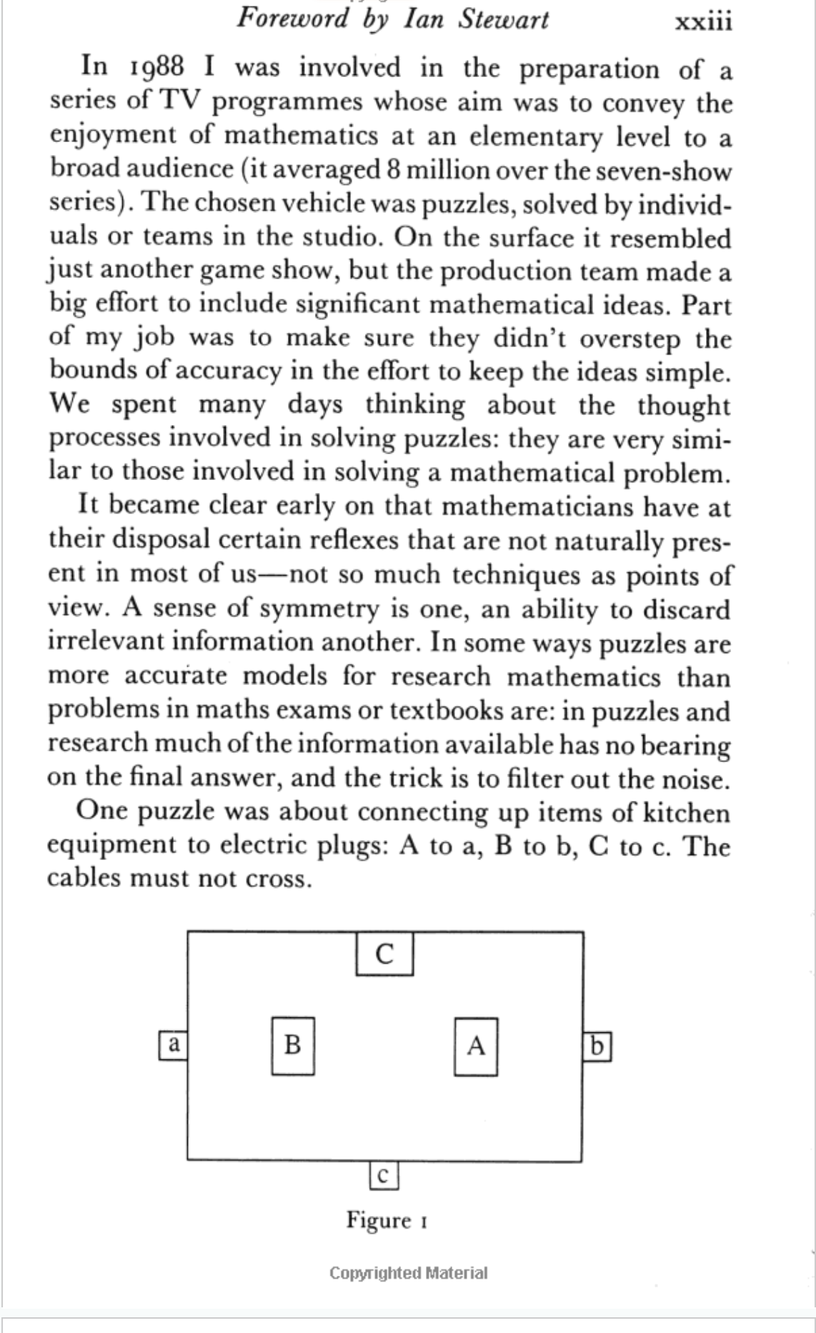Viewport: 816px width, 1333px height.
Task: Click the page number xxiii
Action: [x=703, y=21]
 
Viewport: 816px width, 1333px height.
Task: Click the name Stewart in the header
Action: [x=503, y=19]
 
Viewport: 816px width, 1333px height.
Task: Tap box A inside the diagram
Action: [x=476, y=1047]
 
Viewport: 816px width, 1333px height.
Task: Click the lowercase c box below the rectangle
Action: [x=384, y=1176]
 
